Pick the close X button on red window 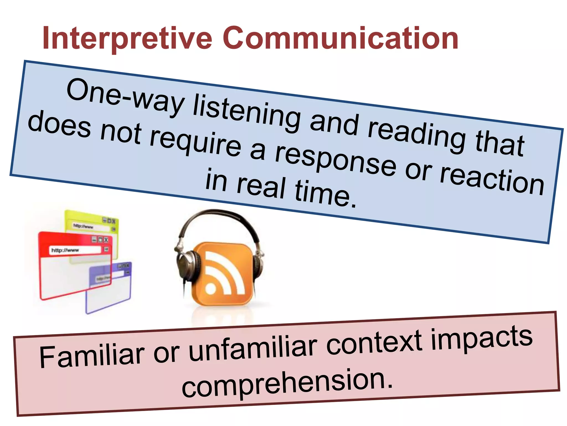106,240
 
